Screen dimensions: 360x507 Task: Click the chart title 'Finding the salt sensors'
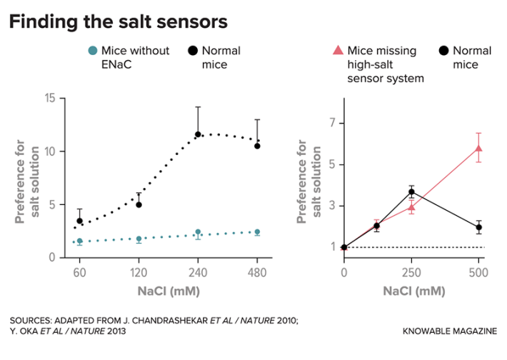pos(118,22)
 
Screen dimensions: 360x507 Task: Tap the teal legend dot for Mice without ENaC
pos(91,51)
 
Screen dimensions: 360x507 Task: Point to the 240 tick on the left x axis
pos(198,271)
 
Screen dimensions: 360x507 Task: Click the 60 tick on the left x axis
pos(80,271)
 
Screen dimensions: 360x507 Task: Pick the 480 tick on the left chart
pos(257,271)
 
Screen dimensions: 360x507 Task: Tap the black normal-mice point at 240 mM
pos(198,134)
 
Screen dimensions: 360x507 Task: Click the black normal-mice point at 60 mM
pos(80,221)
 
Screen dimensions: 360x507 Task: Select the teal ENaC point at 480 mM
pos(257,232)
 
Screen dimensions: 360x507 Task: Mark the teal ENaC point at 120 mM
pos(139,239)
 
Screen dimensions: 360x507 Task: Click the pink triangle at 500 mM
pos(478,149)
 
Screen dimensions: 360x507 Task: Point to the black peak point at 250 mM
pos(411,192)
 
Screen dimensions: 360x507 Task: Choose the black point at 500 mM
pos(478,228)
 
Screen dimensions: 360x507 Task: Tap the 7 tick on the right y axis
pos(333,124)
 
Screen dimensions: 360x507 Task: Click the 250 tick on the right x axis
pos(411,271)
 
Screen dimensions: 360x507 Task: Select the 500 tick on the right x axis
pos(478,271)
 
